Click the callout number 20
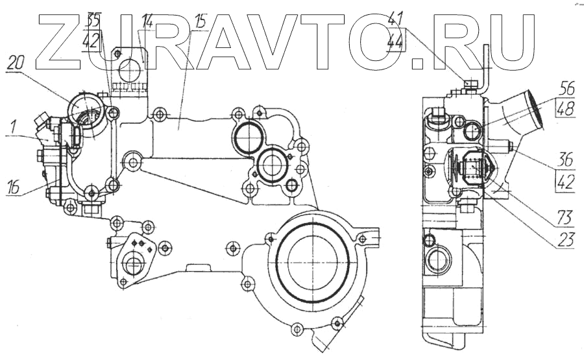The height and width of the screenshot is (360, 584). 17,64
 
